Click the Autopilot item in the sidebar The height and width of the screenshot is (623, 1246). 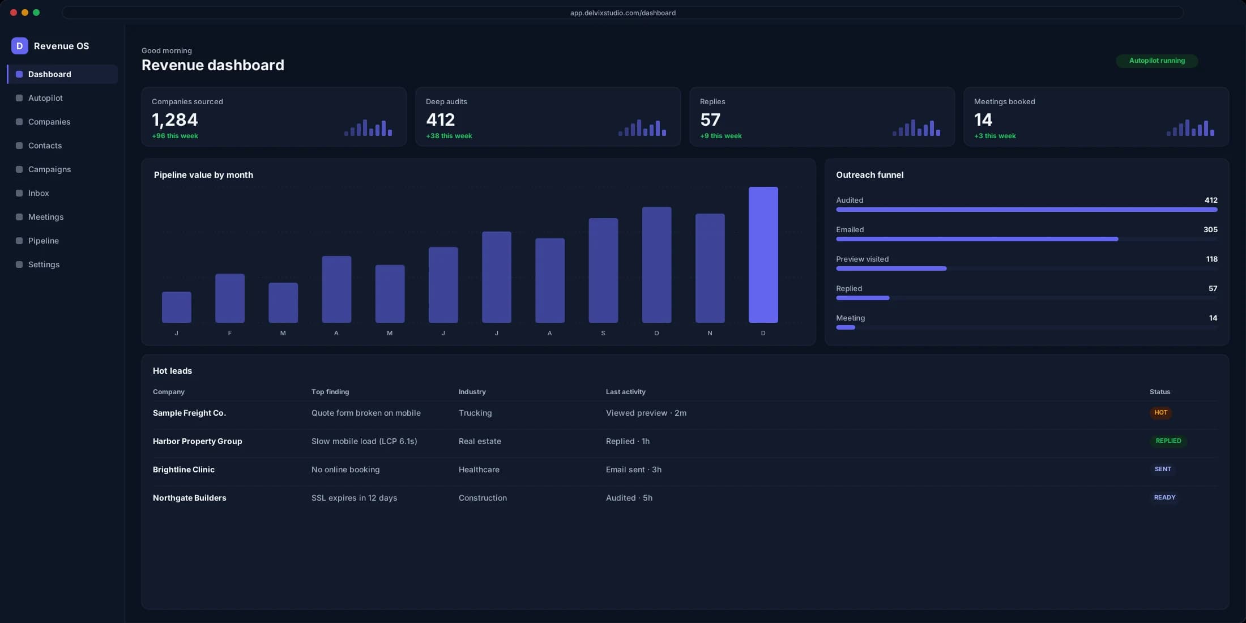click(45, 98)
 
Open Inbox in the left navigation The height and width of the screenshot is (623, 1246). click(39, 193)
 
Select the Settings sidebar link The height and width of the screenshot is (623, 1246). click(44, 264)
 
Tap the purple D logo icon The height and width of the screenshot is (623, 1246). click(19, 46)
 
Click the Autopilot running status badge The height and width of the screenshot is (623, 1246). click(1157, 61)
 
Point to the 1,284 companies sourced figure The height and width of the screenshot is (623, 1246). click(175, 120)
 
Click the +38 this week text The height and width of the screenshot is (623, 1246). click(449, 136)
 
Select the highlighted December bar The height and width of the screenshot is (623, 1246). click(763, 255)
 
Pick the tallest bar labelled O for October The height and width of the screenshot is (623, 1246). click(656, 264)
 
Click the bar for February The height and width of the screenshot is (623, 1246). click(229, 298)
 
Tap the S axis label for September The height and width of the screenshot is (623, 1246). click(603, 333)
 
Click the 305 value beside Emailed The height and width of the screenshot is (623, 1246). click(1210, 229)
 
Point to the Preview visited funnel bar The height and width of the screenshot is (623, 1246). click(891, 268)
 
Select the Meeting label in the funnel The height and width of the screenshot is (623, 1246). click(850, 318)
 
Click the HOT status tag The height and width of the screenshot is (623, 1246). click(1160, 413)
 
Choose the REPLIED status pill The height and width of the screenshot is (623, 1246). click(1168, 441)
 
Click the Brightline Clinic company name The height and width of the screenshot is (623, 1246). click(184, 470)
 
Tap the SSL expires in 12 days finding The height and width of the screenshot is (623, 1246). click(354, 498)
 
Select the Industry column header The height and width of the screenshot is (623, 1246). click(472, 392)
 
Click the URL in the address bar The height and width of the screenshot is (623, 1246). click(622, 12)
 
